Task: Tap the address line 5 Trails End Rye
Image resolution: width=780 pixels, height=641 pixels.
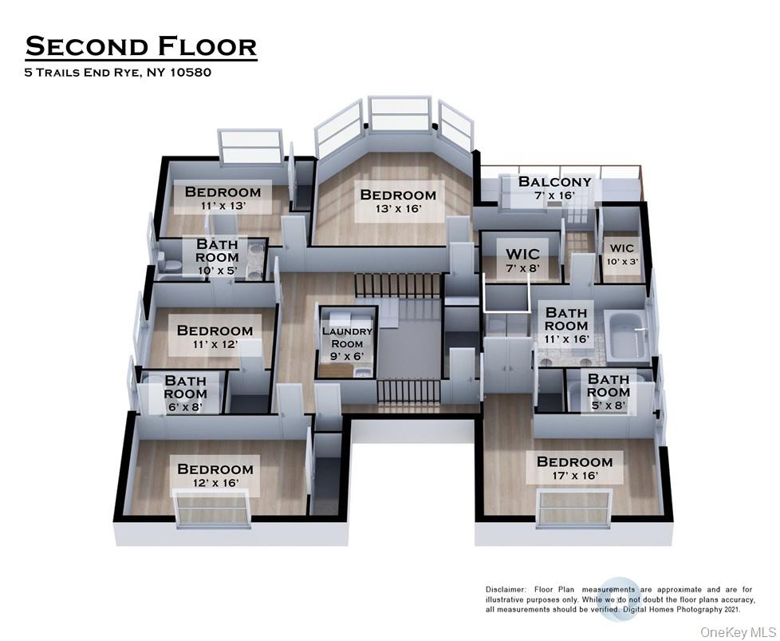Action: click(117, 73)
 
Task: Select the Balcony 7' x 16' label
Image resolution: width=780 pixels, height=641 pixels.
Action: click(555, 188)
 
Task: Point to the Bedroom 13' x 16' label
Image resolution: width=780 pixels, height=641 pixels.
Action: click(398, 201)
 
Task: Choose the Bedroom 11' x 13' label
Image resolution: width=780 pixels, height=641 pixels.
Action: click(223, 198)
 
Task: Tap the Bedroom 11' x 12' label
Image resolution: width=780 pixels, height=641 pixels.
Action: click(215, 337)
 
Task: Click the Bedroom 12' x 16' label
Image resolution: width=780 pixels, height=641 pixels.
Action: click(215, 476)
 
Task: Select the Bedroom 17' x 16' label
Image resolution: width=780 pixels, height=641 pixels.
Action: click(574, 469)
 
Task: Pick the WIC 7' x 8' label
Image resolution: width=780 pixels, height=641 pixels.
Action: click(522, 261)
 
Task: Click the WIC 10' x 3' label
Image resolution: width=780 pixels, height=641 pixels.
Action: click(622, 255)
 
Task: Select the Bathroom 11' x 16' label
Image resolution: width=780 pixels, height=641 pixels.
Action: click(566, 326)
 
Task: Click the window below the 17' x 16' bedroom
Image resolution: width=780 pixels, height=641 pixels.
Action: click(574, 509)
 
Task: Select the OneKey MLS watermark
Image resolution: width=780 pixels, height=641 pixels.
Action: click(735, 631)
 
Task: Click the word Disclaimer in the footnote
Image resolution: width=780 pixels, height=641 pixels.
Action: click(507, 589)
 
